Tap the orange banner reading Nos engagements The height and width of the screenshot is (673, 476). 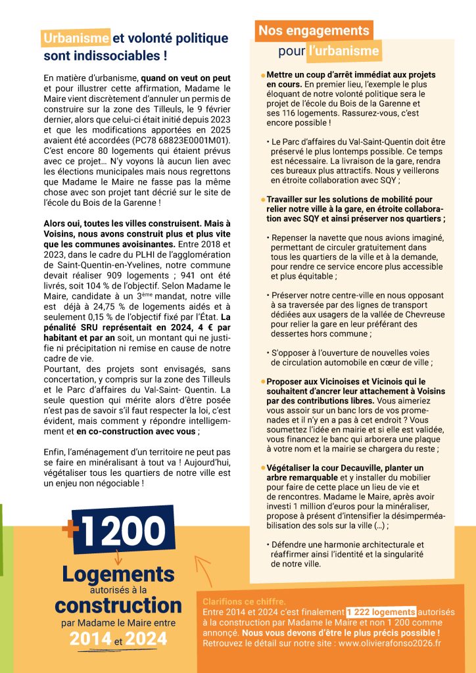pos(314,31)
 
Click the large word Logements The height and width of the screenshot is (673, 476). pos(118,574)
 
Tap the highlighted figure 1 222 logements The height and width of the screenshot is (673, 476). pos(381,611)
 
